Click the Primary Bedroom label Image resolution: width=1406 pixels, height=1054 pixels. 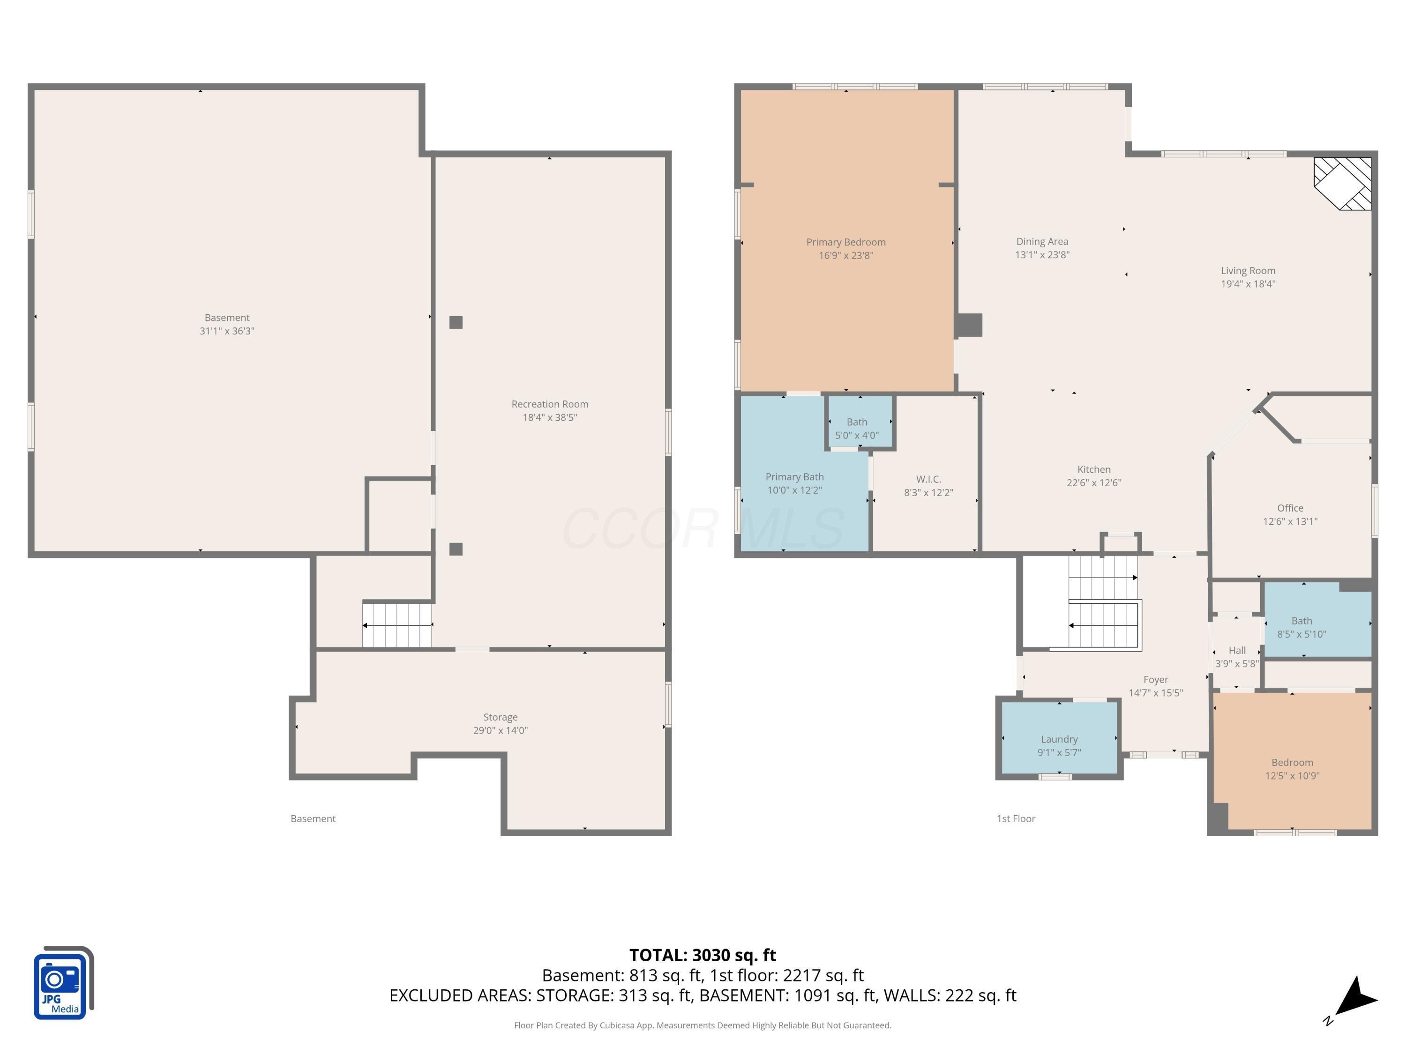click(x=845, y=242)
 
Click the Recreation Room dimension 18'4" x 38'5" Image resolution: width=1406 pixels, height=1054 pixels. click(x=550, y=417)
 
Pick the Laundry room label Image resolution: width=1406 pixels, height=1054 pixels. click(x=1059, y=739)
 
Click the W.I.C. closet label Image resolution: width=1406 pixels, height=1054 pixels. click(x=928, y=479)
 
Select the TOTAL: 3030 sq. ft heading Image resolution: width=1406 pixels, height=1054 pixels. click(x=703, y=955)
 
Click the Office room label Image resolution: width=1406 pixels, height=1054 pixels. click(x=1290, y=508)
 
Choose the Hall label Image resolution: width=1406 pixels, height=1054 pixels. click(x=1237, y=650)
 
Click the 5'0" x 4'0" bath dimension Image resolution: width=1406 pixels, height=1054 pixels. click(x=857, y=435)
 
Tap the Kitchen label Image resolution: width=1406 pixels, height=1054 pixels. click(x=1094, y=469)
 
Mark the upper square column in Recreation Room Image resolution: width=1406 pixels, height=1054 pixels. click(x=456, y=322)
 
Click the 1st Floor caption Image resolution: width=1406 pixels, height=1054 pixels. click(x=1016, y=818)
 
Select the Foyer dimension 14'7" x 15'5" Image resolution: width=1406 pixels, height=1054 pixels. click(x=1156, y=692)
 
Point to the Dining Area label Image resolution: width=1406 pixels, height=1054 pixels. click(x=1042, y=241)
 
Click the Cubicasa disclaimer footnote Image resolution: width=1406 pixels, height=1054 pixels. click(x=703, y=1025)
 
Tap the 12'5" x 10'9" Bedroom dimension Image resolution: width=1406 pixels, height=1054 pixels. click(x=1292, y=776)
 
